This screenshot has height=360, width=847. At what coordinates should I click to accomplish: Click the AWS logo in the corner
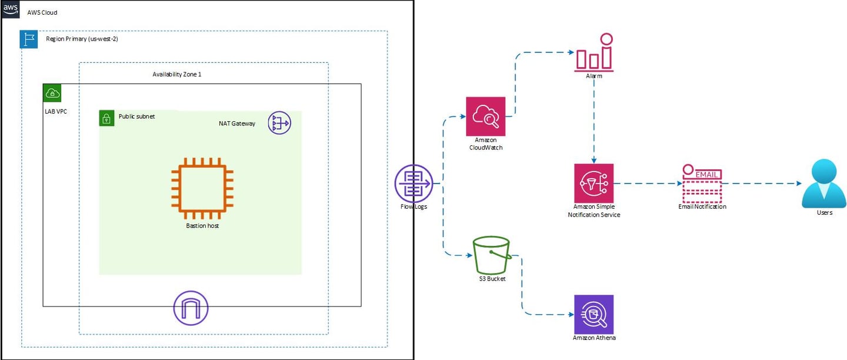(x=11, y=9)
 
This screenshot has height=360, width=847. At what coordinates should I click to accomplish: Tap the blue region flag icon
(x=29, y=39)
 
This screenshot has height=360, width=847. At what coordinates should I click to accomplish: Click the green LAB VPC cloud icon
(x=52, y=93)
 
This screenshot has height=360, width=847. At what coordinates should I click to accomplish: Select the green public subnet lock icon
(x=106, y=118)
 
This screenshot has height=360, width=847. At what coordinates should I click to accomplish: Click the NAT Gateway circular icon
(x=279, y=123)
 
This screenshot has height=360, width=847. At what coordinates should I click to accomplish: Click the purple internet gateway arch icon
(x=191, y=308)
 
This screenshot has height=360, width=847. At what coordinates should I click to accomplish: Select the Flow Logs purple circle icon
(x=414, y=183)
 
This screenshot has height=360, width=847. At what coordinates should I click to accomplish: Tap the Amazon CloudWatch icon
(x=485, y=116)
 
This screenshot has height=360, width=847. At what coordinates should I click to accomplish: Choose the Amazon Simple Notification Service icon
(x=594, y=183)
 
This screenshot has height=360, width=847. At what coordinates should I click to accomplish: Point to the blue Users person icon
(x=824, y=184)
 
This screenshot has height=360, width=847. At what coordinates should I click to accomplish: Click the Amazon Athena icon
(x=594, y=314)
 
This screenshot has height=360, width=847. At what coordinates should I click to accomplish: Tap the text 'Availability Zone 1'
(x=177, y=75)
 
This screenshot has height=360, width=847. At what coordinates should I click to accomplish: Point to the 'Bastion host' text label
(x=202, y=226)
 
